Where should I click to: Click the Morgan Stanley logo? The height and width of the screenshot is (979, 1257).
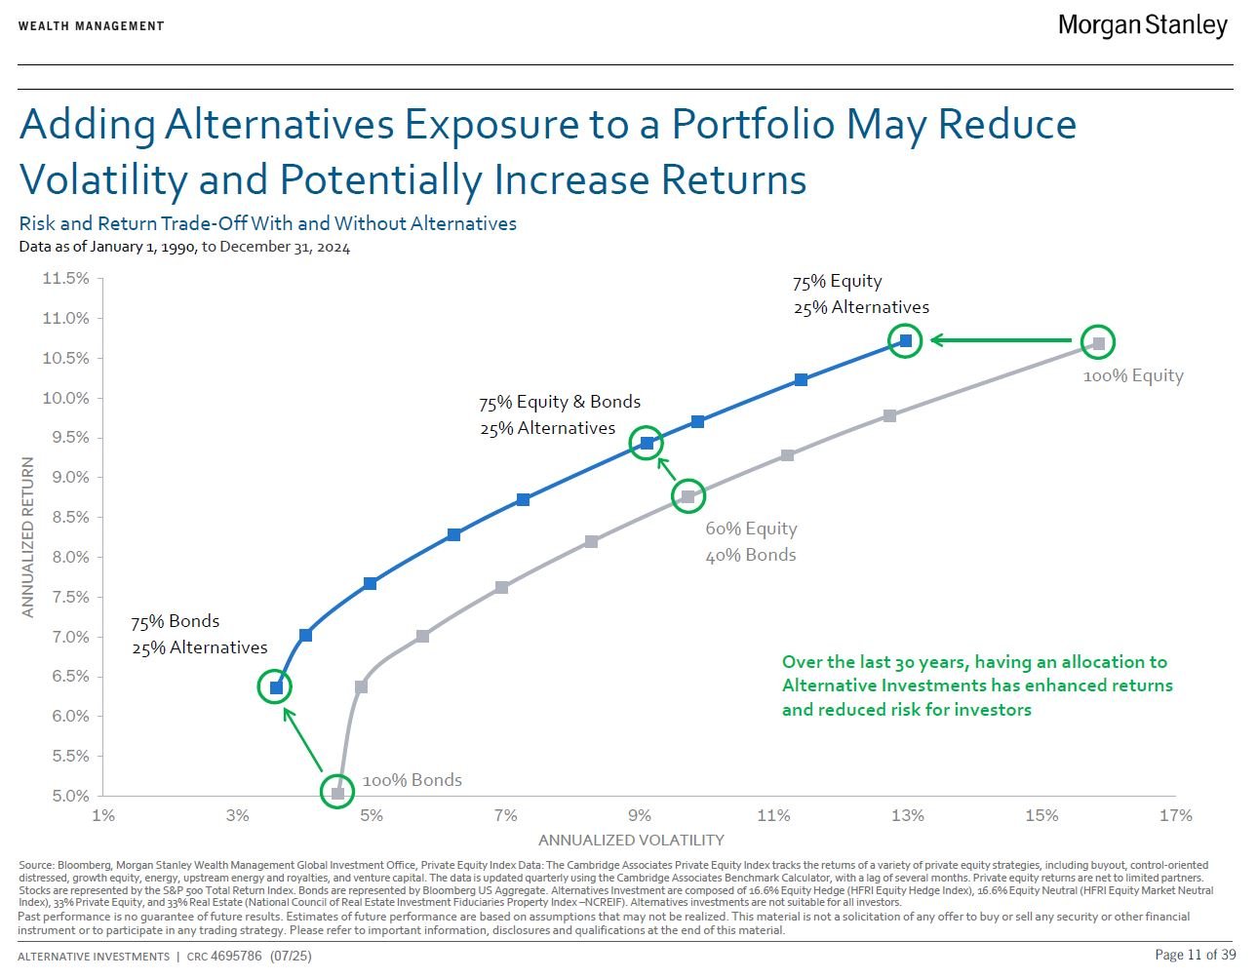[x=1142, y=25]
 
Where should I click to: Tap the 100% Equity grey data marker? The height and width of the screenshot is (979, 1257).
[x=1098, y=342]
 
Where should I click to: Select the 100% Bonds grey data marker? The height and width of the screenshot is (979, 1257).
[x=337, y=793]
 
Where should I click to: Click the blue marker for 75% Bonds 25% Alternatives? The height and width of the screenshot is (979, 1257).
[x=276, y=687]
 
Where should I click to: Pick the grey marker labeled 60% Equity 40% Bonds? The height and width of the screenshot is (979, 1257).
[x=688, y=496]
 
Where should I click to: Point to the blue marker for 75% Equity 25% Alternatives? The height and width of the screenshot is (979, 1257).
[x=906, y=340]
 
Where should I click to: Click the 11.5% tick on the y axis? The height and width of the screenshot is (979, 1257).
[x=65, y=279]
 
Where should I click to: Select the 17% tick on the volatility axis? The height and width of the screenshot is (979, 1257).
[x=1175, y=815]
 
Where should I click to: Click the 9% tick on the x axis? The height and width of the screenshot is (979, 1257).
[x=639, y=815]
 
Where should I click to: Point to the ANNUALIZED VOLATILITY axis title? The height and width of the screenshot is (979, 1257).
[x=631, y=840]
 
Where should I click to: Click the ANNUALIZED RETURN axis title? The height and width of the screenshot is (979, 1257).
[x=28, y=537]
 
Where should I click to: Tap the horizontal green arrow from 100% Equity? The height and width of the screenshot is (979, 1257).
[x=1001, y=340]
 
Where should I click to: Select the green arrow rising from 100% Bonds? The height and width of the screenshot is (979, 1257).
[x=303, y=741]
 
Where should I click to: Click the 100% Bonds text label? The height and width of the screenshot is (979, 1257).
[x=412, y=780]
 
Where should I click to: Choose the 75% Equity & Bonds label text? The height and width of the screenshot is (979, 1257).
[x=559, y=402]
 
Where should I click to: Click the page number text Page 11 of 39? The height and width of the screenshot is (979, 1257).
[x=1195, y=955]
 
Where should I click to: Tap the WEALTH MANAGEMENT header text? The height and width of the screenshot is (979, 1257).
[x=91, y=25]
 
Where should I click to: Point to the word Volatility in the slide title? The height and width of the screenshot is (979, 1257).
[x=102, y=179]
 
